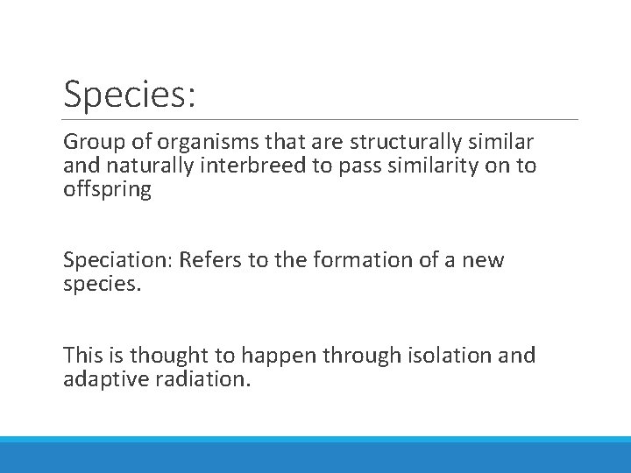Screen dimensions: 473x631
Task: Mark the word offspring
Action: click(107, 189)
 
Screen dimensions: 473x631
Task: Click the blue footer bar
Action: click(315, 455)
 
